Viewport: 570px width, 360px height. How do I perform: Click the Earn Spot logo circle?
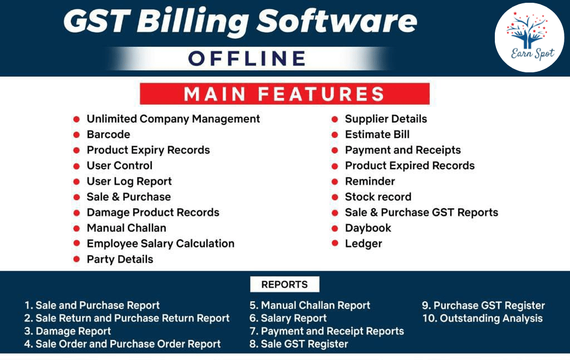click(529, 37)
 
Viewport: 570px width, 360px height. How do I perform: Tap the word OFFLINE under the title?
click(247, 58)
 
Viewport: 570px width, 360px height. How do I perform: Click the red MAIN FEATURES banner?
click(284, 93)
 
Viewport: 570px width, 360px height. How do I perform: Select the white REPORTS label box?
click(284, 284)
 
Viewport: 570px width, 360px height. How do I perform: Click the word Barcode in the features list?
click(109, 135)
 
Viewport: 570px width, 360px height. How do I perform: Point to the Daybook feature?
click(368, 228)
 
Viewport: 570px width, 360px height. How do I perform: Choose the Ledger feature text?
click(363, 244)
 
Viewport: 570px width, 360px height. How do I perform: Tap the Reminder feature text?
click(370, 181)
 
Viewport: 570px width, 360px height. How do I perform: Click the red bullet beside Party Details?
click(76, 259)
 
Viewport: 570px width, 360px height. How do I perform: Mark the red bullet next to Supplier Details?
click(335, 119)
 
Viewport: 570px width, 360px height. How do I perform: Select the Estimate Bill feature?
click(377, 135)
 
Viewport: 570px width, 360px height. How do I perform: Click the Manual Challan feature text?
click(126, 228)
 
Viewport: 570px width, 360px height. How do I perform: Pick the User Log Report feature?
click(129, 181)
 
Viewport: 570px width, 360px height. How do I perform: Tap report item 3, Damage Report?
click(67, 331)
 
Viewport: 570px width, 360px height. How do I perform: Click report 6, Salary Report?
click(288, 318)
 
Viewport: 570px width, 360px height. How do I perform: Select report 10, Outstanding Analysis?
click(483, 318)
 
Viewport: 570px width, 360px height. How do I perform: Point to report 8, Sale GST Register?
click(299, 344)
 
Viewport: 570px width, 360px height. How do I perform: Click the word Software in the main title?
click(337, 21)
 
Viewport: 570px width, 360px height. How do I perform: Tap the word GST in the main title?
click(97, 21)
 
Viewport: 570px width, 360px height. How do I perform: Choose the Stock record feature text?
click(378, 197)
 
